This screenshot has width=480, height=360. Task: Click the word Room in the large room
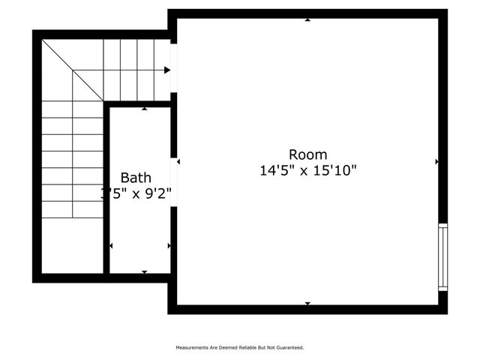[307, 154]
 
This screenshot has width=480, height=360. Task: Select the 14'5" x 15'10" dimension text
[307, 171]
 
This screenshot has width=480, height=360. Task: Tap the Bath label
[136, 178]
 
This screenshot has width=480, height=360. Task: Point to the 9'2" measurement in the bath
[157, 193]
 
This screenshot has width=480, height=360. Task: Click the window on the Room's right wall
[442, 257]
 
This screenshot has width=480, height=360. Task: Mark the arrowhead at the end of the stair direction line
[167, 70]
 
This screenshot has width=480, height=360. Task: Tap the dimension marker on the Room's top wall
[307, 19]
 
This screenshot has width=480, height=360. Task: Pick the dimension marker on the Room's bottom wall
[307, 303]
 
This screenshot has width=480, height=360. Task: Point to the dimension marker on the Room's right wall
[436, 161]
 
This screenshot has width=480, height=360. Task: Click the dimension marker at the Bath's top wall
[144, 109]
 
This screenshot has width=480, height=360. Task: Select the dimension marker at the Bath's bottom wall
[144, 271]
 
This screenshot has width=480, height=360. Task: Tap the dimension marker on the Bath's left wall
[112, 245]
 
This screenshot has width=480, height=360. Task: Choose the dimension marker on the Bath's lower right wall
[169, 245]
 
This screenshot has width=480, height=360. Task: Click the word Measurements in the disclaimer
[191, 348]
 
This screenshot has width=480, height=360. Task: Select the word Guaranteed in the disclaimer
[289, 348]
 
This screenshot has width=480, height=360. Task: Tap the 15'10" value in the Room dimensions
[333, 171]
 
